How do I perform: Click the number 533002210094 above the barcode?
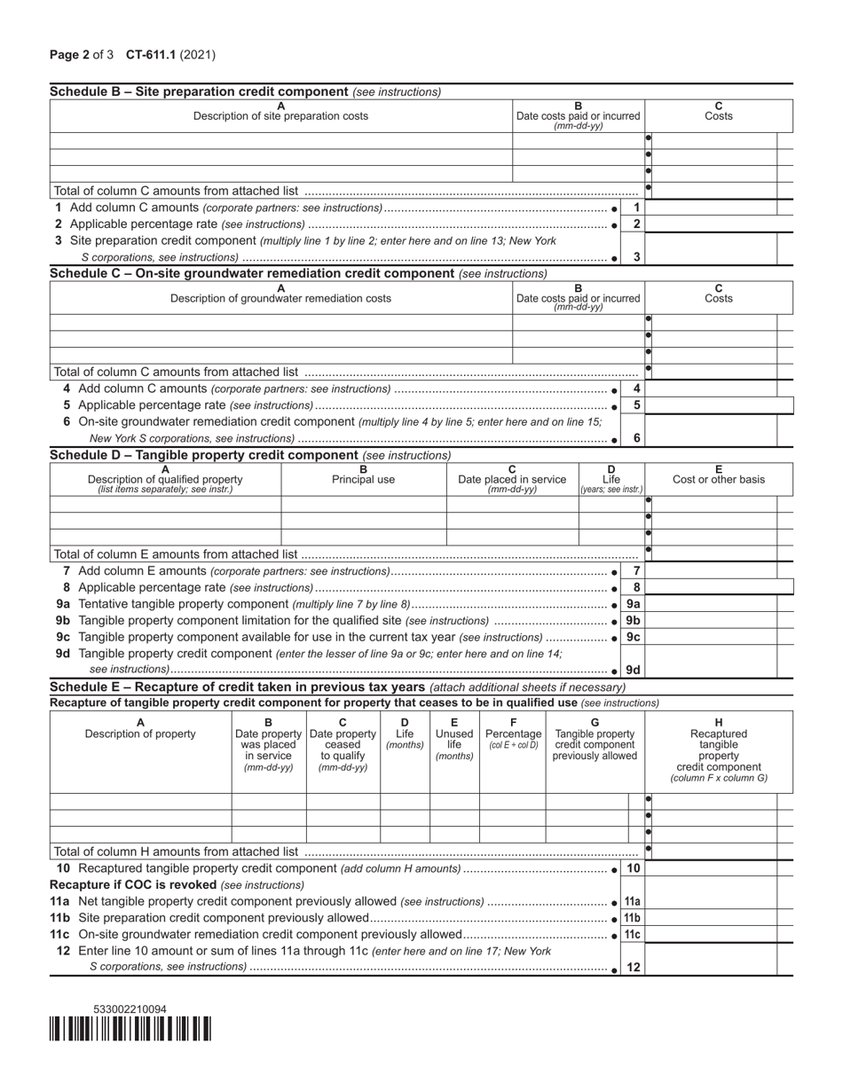tap(130, 1009)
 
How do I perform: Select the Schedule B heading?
tap(199, 91)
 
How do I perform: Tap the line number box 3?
tap(636, 257)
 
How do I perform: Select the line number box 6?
tap(636, 438)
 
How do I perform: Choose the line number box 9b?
tap(634, 621)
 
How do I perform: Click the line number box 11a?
tap(634, 902)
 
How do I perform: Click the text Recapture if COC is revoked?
tap(133, 885)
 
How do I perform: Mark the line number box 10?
tap(634, 868)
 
